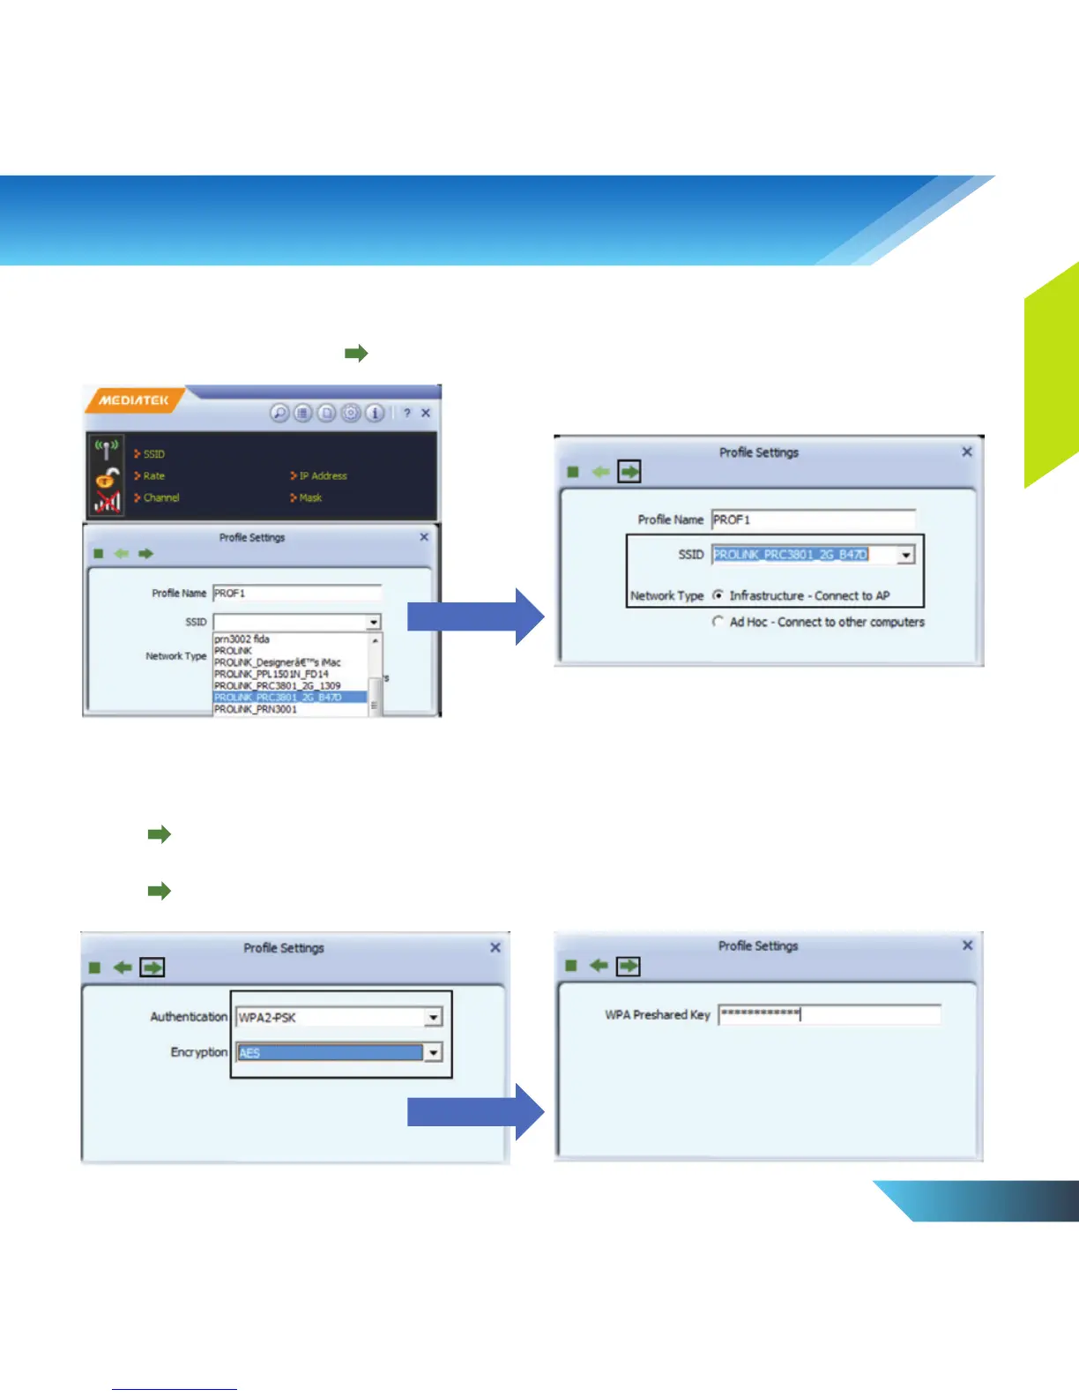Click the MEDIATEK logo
point(133,400)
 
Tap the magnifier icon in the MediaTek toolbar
point(279,413)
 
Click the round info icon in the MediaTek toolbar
point(375,413)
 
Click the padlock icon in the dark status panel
point(108,478)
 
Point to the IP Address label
point(323,476)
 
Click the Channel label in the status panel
point(161,498)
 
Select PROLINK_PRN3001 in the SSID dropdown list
point(256,709)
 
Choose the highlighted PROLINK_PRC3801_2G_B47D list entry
point(278,698)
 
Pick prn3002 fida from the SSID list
point(242,639)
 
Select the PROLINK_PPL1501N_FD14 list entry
point(271,674)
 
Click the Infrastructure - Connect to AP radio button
point(718,595)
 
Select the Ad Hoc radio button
point(718,622)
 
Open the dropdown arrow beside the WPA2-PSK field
point(433,1018)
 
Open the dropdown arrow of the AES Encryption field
point(433,1052)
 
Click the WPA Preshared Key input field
point(829,1014)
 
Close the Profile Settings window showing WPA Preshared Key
point(967,945)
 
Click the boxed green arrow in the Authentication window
point(153,967)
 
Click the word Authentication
point(189,1017)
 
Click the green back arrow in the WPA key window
point(599,966)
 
